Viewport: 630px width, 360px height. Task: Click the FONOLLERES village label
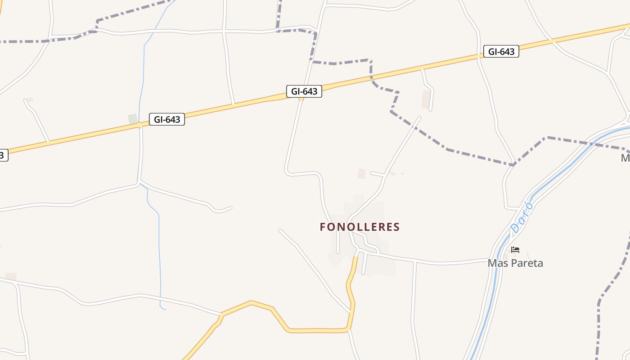pos(360,227)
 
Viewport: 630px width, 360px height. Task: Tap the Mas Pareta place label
pos(515,263)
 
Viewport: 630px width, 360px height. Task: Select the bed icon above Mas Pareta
pos(515,250)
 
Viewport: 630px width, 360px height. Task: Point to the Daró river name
pos(522,218)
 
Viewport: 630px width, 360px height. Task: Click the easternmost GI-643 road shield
pos(501,52)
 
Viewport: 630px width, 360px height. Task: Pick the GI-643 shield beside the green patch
pos(167,119)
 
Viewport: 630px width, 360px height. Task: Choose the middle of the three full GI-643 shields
pos(304,91)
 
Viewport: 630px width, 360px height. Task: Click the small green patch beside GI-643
pos(132,119)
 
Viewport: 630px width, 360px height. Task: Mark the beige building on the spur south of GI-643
pos(426,99)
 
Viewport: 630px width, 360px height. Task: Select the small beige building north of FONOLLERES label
pos(361,174)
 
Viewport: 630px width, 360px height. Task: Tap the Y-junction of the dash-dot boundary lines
pos(513,165)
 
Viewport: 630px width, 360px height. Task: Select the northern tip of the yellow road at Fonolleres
pos(355,258)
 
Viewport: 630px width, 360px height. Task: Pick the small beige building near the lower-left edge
pos(11,276)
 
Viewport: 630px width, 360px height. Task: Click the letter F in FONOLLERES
pos(323,227)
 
